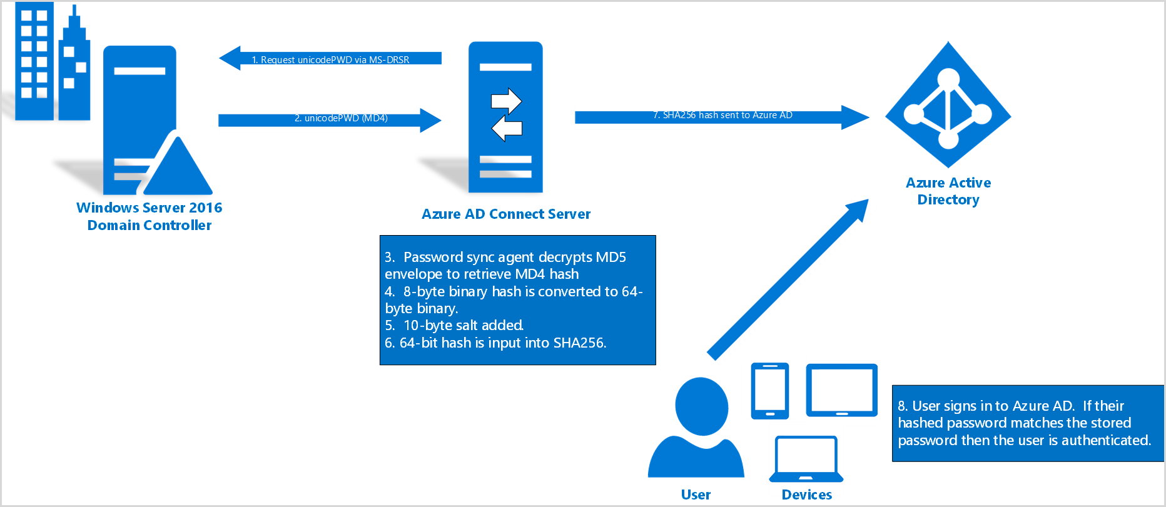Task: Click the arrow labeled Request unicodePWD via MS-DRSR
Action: pos(330,59)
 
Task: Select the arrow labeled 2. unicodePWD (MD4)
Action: pos(330,119)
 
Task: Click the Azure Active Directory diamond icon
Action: pos(948,105)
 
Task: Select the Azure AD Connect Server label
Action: pos(505,214)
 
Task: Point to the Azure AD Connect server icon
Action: pos(505,118)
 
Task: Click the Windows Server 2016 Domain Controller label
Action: pos(149,216)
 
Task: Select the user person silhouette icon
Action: pos(697,428)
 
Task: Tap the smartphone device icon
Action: pos(769,391)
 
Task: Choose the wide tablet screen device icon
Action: pos(841,390)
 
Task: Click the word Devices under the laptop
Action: pos(806,494)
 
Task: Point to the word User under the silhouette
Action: pos(696,494)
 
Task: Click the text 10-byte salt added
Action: pos(463,326)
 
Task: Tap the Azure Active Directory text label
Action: pos(948,191)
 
